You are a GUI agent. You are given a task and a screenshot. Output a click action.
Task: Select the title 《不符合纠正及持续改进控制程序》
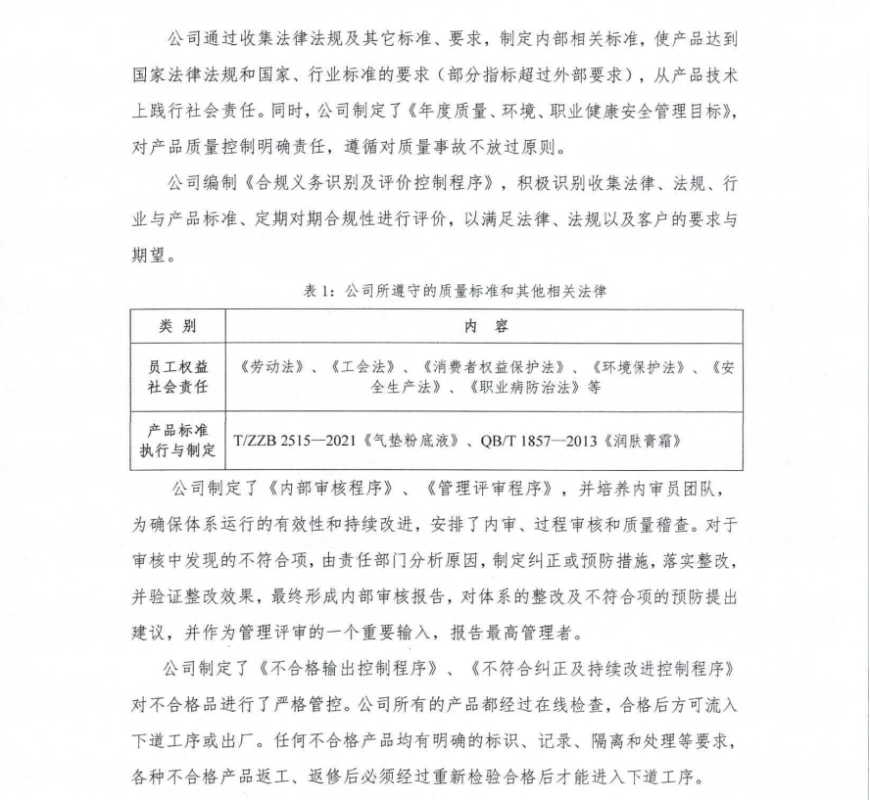[x=603, y=671]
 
